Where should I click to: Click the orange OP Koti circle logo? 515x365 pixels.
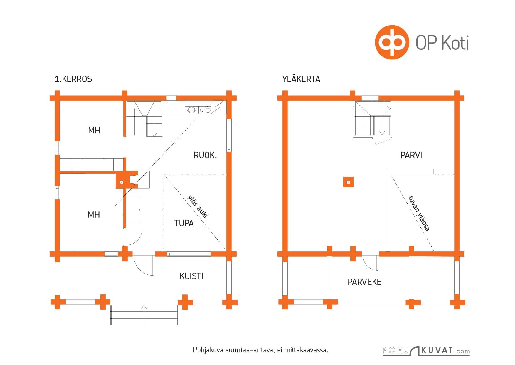tap(392, 42)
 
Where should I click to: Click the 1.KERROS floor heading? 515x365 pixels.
tap(73, 79)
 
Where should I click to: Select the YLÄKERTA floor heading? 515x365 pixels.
tap(301, 79)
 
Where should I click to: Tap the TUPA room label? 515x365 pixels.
tap(184, 223)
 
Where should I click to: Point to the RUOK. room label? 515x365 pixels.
tap(205, 155)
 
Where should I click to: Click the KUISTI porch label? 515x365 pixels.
tap(192, 276)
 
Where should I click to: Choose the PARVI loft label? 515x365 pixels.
tap(411, 155)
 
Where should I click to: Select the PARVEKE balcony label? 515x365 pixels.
tap(364, 282)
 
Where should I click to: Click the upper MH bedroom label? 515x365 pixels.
tap(94, 130)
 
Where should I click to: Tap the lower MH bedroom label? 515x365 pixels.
tap(94, 215)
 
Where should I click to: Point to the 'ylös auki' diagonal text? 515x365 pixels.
tap(197, 206)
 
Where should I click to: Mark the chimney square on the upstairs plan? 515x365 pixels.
tap(348, 182)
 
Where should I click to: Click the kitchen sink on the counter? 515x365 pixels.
tap(191, 110)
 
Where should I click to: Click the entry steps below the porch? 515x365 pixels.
tap(144, 315)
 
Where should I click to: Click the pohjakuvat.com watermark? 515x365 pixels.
tap(426, 351)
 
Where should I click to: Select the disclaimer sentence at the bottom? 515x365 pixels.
tap(260, 350)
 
